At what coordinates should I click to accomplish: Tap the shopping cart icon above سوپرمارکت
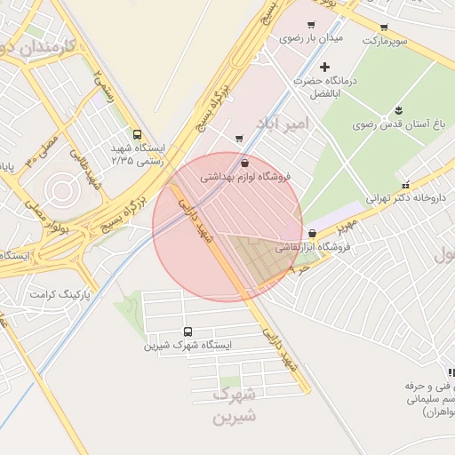pos(384,28)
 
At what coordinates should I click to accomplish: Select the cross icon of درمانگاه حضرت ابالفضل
pos(325,67)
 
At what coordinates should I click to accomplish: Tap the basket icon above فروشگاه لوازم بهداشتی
pos(244,163)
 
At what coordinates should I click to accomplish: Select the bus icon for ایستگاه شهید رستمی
pos(136,134)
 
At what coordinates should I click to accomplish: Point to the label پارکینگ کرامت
pos(55,293)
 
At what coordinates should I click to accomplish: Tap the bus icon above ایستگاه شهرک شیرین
pos(188,331)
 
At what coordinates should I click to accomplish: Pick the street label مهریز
pos(347,220)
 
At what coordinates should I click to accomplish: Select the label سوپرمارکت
pos(383,42)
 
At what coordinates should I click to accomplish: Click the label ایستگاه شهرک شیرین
pos(188,345)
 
